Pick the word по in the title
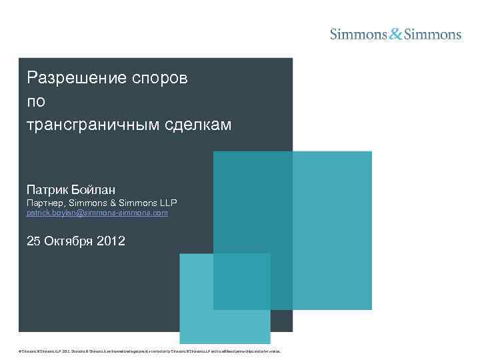[35, 101]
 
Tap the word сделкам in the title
[198, 124]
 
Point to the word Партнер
[45, 202]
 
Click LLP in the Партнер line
[166, 202]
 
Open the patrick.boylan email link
[97, 213]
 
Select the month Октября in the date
[70, 241]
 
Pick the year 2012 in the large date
[111, 241]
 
